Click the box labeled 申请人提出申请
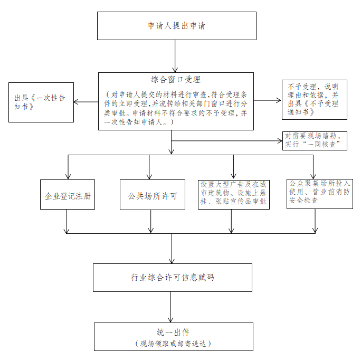(x=177, y=26)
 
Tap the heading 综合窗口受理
(x=176, y=80)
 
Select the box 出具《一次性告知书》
(x=41, y=102)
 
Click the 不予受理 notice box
(x=314, y=100)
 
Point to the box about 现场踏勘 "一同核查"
(x=315, y=141)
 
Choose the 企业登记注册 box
(x=68, y=194)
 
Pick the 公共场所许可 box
(x=153, y=195)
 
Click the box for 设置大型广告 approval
(x=234, y=195)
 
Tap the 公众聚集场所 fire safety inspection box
(x=319, y=194)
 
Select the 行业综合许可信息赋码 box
(x=173, y=278)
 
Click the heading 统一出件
(x=173, y=333)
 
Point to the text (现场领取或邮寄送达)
(x=173, y=344)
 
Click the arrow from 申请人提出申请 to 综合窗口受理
(x=175, y=56)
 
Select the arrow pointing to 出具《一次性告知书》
(x=86, y=102)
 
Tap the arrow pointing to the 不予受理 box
(x=268, y=100)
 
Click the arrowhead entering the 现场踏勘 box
(x=280, y=141)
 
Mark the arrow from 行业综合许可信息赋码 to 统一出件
(x=170, y=307)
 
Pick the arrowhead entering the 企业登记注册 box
(x=68, y=177)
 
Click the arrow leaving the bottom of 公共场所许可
(x=151, y=221)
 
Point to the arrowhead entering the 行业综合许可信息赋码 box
(x=172, y=261)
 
